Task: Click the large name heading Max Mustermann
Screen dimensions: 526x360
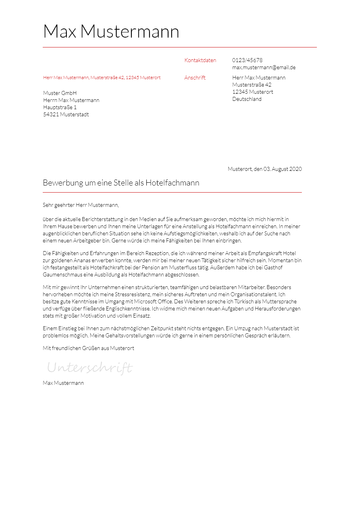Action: pos(111,32)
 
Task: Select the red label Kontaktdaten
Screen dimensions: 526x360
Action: pos(200,61)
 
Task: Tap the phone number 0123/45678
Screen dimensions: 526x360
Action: pos(247,61)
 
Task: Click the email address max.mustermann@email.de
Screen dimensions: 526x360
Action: pos(264,68)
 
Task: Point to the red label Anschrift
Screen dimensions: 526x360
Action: pos(195,78)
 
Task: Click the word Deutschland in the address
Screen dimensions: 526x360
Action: pos(247,99)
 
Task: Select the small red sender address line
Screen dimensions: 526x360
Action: pos(102,78)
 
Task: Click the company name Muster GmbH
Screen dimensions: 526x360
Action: pos(60,93)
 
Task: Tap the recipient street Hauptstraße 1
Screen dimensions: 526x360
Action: pos(60,108)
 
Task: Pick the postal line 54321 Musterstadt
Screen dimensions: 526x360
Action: pos(66,115)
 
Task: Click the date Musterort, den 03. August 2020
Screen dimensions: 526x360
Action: pos(265,169)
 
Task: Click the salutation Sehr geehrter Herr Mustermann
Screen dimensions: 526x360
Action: pos(81,205)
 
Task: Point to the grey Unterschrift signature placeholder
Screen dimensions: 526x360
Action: pos(90,368)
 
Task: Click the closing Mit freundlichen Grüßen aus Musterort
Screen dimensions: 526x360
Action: pos(88,348)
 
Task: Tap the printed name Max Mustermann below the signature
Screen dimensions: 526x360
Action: pos(63,383)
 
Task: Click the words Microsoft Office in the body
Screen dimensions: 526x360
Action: pos(153,302)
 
